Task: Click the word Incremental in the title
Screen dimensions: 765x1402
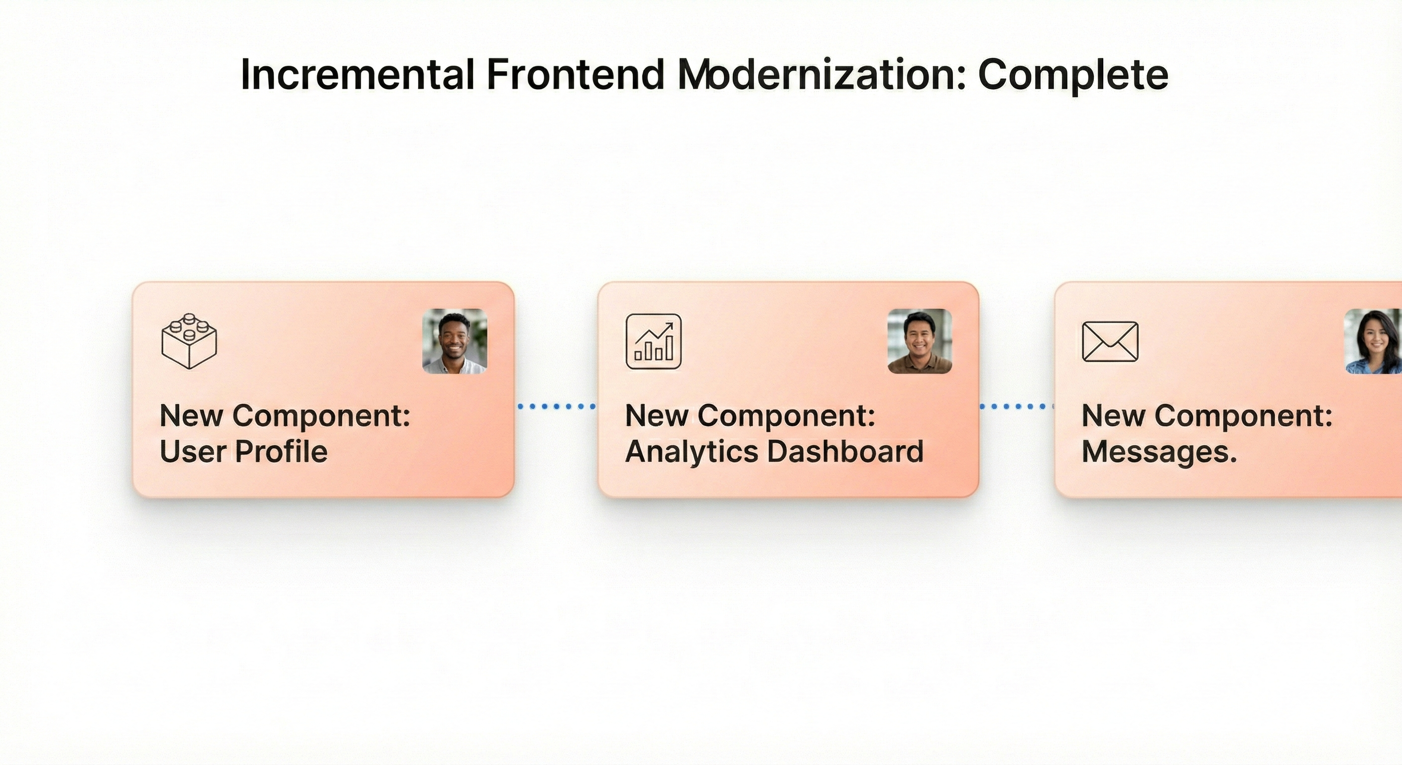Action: click(357, 75)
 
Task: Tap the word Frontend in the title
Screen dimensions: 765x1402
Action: click(575, 75)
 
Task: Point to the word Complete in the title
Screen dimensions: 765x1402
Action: click(1073, 75)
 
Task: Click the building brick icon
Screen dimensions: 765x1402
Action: click(189, 341)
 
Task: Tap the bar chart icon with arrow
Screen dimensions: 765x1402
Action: click(653, 341)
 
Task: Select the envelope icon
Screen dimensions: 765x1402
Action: click(1110, 341)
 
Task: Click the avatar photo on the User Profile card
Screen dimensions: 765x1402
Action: click(455, 341)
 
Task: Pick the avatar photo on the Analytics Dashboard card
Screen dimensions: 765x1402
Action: click(919, 341)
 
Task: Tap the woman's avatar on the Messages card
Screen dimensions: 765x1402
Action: click(1373, 341)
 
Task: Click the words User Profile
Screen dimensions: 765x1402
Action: click(243, 451)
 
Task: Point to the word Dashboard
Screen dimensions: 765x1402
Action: click(845, 451)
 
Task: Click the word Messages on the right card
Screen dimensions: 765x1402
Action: click(1158, 451)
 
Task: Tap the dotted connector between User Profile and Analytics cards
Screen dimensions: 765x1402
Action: click(556, 406)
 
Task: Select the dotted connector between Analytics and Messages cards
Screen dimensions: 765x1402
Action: click(1016, 406)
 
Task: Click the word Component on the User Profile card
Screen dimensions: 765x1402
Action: click(321, 416)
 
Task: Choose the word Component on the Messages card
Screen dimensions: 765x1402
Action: click(1243, 416)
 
